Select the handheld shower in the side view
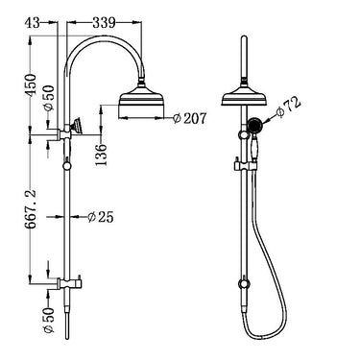pos(76,126)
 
